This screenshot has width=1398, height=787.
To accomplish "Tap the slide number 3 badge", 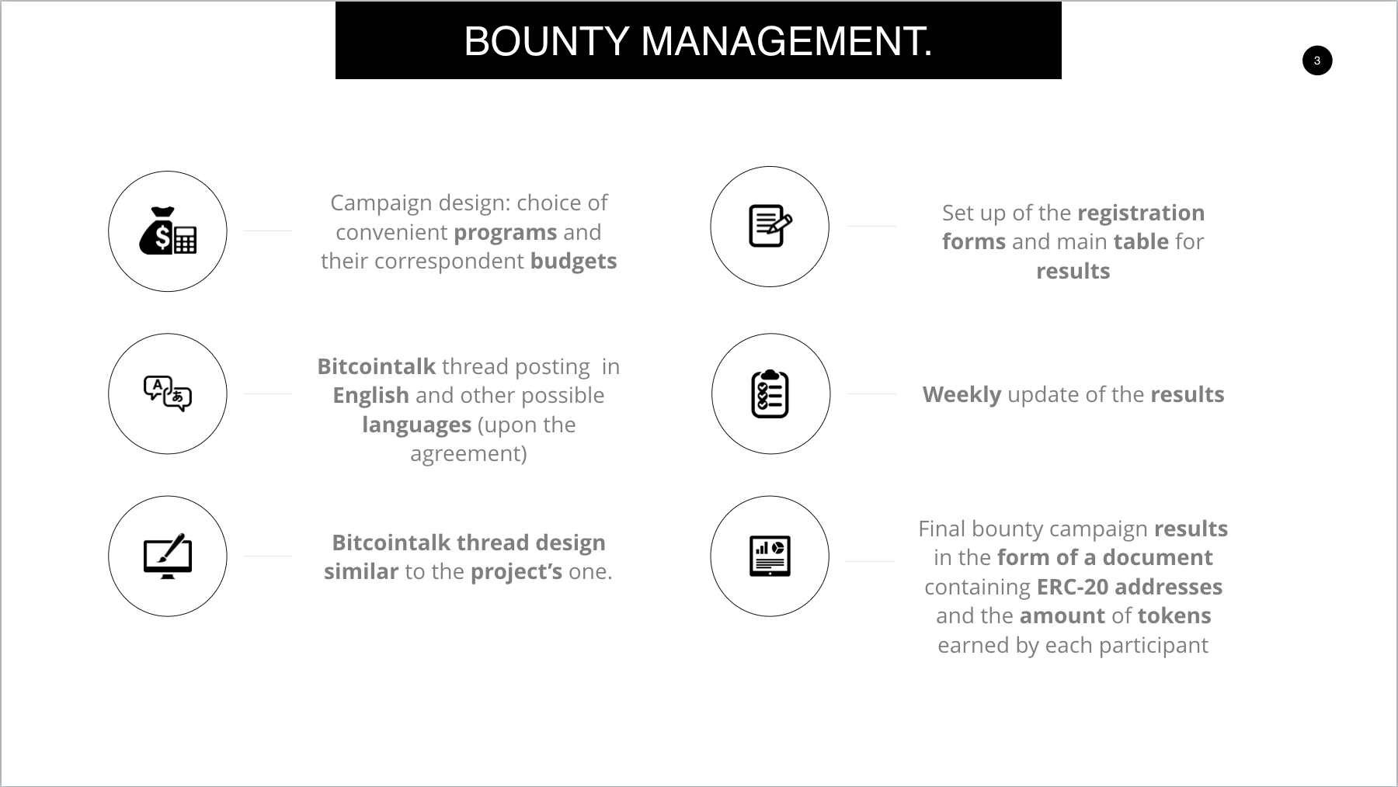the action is [x=1317, y=61].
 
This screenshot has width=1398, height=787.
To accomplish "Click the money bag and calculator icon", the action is [x=168, y=231].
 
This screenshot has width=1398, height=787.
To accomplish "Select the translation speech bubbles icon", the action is [x=168, y=393].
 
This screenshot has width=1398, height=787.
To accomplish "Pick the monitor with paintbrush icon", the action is [x=168, y=556].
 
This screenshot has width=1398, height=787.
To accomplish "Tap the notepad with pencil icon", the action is [x=770, y=226].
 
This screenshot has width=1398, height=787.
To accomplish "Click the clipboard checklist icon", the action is [x=770, y=393].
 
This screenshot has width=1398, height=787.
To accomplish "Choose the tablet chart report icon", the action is [x=770, y=556].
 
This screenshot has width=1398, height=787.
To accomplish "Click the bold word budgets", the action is [x=574, y=261].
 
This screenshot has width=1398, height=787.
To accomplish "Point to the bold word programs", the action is [x=506, y=232].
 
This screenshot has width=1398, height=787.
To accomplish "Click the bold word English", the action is [x=370, y=395].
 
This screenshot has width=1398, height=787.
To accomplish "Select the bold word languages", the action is [x=416, y=425].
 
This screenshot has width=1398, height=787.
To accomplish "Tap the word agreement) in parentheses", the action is [x=468, y=453].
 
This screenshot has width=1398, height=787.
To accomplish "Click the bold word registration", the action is [x=1141, y=213].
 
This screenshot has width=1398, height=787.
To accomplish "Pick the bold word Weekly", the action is [x=962, y=394].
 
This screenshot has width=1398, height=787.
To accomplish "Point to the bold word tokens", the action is [x=1174, y=615].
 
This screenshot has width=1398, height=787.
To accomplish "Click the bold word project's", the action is [x=516, y=571].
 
